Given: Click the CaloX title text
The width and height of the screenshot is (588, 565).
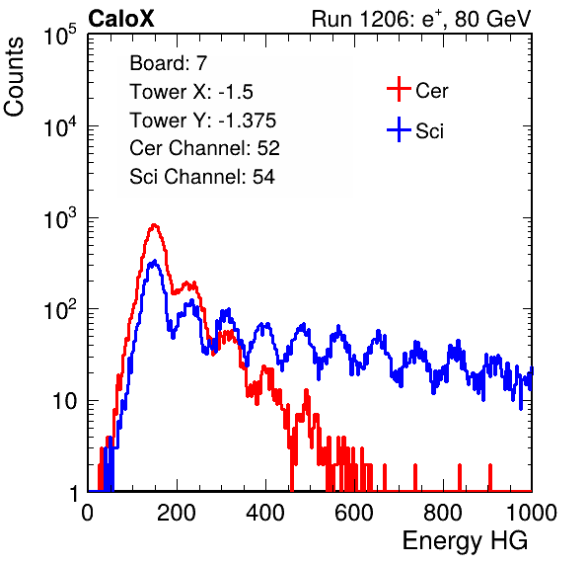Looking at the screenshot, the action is [121, 19].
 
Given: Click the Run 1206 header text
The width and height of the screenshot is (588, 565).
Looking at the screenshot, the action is [421, 19].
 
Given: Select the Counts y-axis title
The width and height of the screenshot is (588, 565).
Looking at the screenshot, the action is [14, 77].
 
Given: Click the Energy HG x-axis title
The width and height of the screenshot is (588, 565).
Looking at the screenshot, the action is [465, 541].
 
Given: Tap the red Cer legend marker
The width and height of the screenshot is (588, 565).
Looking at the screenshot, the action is [399, 89].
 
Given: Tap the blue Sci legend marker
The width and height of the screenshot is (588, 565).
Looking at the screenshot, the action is [399, 130].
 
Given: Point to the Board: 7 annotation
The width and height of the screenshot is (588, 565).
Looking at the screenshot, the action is [169, 63].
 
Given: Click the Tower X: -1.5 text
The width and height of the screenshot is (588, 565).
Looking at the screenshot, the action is [191, 92].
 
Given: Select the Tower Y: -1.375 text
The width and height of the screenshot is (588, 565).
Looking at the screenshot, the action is [203, 121].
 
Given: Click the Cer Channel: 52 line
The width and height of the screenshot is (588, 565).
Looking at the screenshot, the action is [205, 148].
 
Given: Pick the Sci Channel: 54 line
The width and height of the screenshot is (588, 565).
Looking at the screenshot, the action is [202, 177].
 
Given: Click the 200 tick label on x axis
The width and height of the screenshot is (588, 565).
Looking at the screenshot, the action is [177, 513].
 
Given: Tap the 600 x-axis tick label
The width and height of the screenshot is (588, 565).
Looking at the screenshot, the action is [354, 513].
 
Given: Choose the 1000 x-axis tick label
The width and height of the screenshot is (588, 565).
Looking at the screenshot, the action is [532, 513].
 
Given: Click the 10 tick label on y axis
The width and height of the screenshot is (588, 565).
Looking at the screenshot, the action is [64, 401].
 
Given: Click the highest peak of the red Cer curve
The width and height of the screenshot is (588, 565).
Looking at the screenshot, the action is [154, 225].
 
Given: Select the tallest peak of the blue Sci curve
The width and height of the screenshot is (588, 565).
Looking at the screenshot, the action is [154, 261].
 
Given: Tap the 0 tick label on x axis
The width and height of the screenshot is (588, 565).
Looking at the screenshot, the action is [87, 513].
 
